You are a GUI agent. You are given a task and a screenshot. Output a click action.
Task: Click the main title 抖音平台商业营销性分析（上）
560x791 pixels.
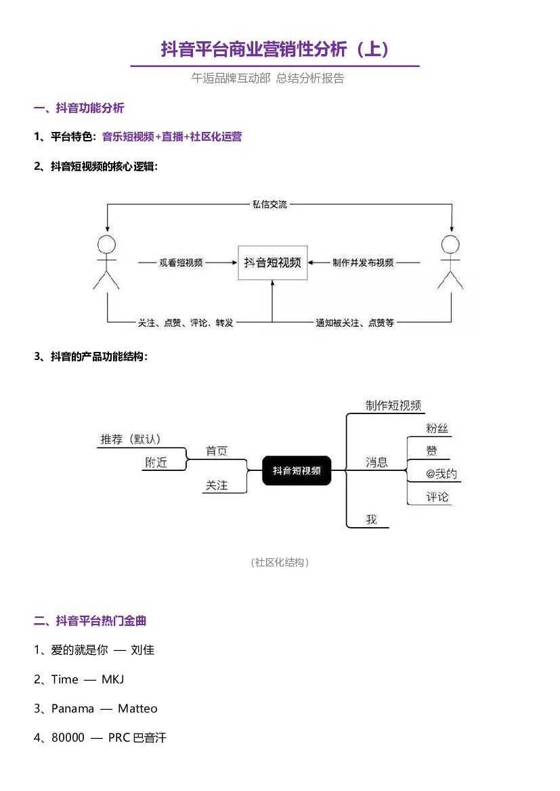click(x=275, y=49)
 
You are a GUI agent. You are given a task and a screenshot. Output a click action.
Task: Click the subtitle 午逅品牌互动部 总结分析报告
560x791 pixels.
click(x=267, y=78)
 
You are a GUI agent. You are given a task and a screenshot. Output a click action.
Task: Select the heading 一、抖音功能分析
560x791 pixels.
click(x=79, y=108)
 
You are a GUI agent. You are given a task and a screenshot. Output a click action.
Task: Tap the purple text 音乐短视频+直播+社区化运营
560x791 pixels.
click(x=171, y=137)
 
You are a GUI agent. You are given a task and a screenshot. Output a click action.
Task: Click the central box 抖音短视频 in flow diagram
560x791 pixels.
click(x=273, y=263)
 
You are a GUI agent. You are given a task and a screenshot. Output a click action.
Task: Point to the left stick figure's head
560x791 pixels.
click(x=106, y=244)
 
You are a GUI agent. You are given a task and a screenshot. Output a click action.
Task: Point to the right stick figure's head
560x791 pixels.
click(x=450, y=244)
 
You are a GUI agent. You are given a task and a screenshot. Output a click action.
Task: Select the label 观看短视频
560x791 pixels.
click(x=181, y=263)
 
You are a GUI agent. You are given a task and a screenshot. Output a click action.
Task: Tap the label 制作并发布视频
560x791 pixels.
click(x=363, y=263)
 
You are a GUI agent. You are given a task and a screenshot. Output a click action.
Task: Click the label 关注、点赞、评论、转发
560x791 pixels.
click(x=186, y=323)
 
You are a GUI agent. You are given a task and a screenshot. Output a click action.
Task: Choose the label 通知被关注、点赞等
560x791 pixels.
click(x=355, y=323)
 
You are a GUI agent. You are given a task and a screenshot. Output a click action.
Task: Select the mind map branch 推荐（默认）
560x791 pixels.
click(x=131, y=439)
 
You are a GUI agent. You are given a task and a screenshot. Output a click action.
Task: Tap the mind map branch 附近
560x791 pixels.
click(x=156, y=463)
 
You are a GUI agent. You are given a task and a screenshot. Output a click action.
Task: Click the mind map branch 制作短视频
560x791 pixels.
click(x=393, y=405)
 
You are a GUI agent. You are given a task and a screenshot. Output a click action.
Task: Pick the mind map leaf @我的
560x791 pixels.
click(x=441, y=474)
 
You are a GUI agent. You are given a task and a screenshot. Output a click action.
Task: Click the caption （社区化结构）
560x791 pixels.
click(x=280, y=562)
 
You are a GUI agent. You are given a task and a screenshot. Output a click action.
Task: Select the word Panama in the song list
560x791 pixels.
click(x=72, y=708)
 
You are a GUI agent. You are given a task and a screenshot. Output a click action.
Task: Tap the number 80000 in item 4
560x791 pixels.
click(x=68, y=738)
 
